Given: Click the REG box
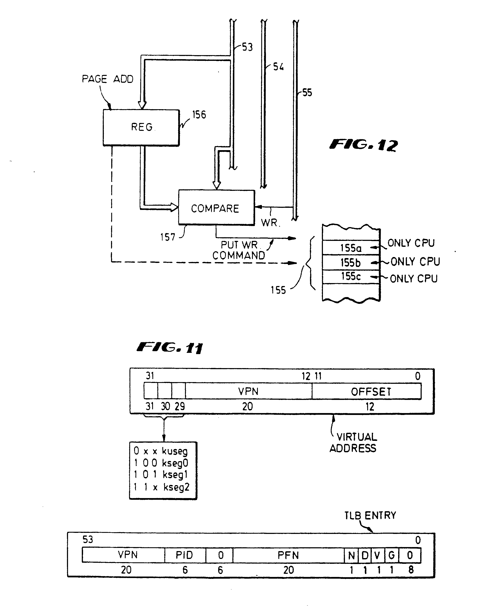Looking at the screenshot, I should click(141, 127).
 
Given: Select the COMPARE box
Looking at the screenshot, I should click(216, 208).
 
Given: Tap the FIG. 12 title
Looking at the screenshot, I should click(364, 145).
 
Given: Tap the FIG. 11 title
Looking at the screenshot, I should click(170, 348).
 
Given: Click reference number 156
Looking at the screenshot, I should click(199, 115).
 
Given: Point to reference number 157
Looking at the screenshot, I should click(168, 237).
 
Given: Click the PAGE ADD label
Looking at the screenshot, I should click(107, 79).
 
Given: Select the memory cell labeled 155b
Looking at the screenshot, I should click(351, 262).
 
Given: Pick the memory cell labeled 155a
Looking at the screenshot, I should click(351, 248).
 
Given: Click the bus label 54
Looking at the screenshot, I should click(278, 67).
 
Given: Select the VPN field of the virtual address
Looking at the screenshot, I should click(248, 391).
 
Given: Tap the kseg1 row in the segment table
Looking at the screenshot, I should click(161, 475).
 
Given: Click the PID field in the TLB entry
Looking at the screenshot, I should click(185, 555).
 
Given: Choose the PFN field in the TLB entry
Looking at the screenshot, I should click(288, 555).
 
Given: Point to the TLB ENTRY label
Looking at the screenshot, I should click(370, 515).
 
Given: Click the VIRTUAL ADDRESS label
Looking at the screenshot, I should click(354, 443).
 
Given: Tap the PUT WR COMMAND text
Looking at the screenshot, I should click(239, 250).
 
